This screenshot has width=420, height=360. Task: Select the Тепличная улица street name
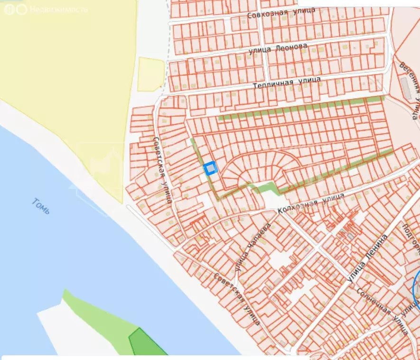pos(286,82)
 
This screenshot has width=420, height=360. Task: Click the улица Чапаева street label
pos(252,248)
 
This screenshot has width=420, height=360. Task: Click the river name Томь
pos(41,206)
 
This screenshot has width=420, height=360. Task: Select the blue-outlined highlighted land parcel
pos(210,168)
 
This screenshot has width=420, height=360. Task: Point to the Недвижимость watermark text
pos(58,9)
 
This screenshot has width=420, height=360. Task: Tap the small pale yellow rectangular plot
pos(151,74)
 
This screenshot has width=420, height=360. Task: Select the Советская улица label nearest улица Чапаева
pos(236,299)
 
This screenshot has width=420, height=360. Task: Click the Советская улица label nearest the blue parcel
pos(162,169)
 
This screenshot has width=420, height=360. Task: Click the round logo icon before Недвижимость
pos(21,9)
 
